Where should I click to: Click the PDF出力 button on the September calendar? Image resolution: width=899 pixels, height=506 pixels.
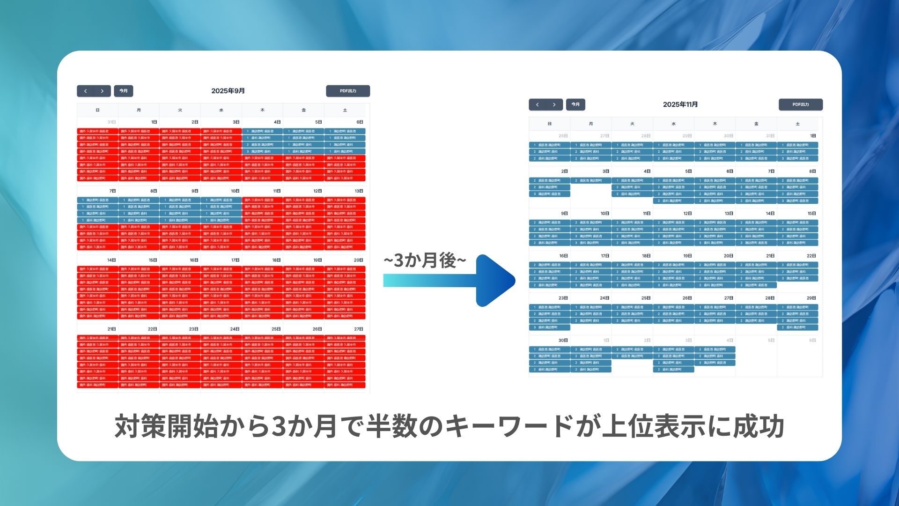tap(348, 91)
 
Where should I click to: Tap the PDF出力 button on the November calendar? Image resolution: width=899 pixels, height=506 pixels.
tap(800, 104)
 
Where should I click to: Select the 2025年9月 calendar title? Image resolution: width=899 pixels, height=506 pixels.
tap(228, 91)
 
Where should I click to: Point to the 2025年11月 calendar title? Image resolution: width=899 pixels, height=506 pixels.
tap(680, 104)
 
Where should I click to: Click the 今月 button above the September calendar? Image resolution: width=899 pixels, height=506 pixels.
tap(124, 91)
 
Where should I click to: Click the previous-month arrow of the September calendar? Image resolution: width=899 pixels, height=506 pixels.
tap(85, 91)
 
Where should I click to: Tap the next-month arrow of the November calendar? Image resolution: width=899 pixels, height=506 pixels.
tap(554, 104)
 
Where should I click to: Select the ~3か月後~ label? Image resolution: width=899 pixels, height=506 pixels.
tap(425, 260)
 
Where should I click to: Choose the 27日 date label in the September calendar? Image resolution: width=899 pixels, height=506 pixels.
tap(359, 329)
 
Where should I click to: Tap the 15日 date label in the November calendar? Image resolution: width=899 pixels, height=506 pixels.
tap(811, 214)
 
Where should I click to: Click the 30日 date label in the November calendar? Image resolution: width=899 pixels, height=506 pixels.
tap(563, 341)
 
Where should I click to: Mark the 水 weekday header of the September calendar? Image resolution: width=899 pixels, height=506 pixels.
tap(221, 110)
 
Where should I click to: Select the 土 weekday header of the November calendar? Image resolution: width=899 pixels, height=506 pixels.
tap(797, 124)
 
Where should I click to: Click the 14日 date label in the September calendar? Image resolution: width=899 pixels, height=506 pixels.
tap(111, 260)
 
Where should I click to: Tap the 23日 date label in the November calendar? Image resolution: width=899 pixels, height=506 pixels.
tap(563, 298)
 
